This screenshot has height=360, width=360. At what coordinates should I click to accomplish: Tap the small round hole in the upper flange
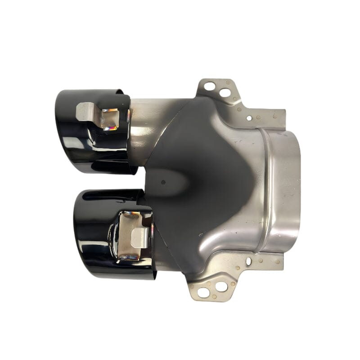tap(249, 118)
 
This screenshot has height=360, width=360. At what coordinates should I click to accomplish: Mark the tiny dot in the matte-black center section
tap(163, 182)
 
